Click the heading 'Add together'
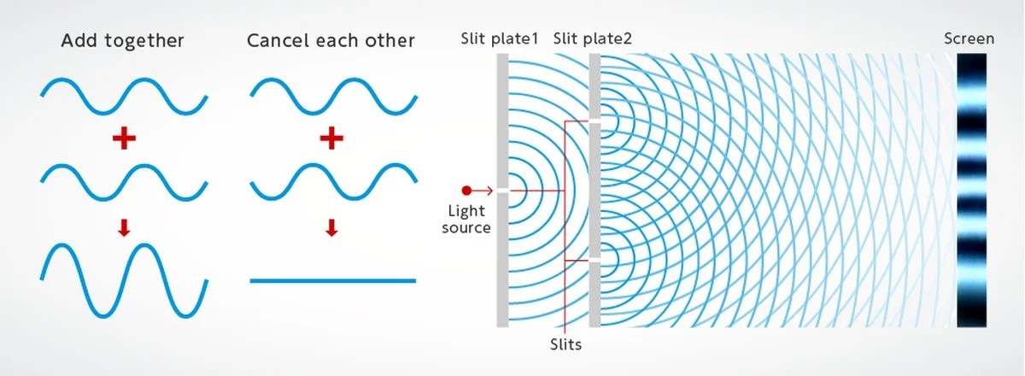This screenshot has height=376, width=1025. pos(123,41)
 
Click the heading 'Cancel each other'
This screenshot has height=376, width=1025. pos(331,41)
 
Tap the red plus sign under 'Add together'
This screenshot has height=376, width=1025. pos(125,138)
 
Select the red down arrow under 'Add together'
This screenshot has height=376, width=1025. pos(124,227)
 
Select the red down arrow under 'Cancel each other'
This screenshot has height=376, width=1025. pos(331,227)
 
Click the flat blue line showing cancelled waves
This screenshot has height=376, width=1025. pos(332,280)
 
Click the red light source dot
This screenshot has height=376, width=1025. pos(466,190)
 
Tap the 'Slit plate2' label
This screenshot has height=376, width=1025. pos(593,39)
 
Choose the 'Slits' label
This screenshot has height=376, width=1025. pos(565,344)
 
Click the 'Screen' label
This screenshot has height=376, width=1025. pos(969,38)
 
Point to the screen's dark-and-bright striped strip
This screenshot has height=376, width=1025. pos(972,190)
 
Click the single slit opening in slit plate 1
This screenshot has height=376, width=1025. pos(502,190)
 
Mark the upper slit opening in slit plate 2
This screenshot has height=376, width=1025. pos(594,120)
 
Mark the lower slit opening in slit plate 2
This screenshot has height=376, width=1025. pos(594,259)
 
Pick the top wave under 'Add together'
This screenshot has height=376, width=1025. pos(124,96)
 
